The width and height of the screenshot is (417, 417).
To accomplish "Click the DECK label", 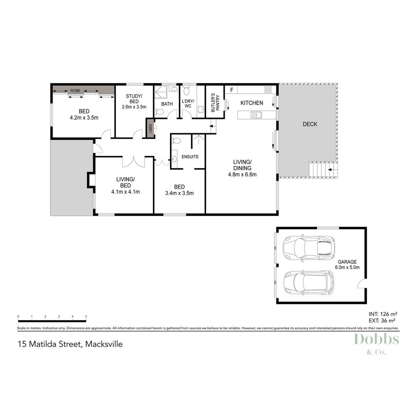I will pos(310,124).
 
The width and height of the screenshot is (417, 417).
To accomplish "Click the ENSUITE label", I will pos(190,157).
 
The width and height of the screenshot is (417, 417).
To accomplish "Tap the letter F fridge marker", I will pos(232,90).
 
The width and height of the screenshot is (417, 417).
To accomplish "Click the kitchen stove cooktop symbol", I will pos(268,90).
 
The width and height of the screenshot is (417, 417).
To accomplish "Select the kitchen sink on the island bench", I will pos(256,115).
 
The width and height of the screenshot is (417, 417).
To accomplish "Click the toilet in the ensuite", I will pos(176,140).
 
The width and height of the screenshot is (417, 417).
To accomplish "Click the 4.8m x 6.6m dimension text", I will pos(242,174).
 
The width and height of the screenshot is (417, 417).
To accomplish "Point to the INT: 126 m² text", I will pos(383,314).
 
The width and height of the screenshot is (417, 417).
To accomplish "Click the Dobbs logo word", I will pos(376,340).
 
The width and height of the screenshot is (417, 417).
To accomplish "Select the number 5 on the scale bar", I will pos(86,316).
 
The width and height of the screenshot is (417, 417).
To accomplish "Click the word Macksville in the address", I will pos(104,344).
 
